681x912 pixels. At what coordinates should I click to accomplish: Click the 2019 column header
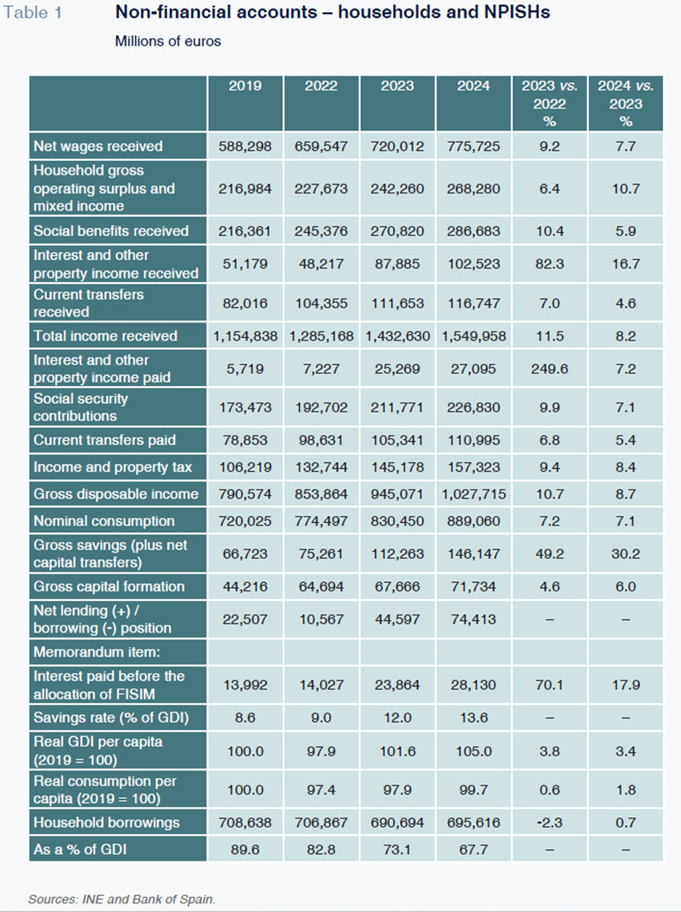[x=245, y=86]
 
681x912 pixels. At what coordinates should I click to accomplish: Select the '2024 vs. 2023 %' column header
[x=625, y=103]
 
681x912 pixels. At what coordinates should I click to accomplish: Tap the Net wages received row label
[x=98, y=146]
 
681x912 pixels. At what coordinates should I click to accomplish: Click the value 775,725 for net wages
[x=473, y=146]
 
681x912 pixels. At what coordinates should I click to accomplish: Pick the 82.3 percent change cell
[x=550, y=264]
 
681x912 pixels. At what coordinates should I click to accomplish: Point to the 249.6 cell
[x=550, y=369]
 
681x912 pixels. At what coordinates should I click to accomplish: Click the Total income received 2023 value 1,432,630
[x=397, y=336]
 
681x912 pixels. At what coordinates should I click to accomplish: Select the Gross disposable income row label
[x=116, y=494]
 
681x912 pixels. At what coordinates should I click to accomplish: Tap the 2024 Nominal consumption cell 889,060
[x=473, y=521]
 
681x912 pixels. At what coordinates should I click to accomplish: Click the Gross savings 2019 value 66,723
[x=245, y=554]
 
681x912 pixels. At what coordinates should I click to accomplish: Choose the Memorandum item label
[x=97, y=652]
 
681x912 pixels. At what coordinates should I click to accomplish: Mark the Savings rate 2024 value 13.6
[x=473, y=717]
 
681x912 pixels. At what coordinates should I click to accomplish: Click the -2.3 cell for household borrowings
[x=550, y=823]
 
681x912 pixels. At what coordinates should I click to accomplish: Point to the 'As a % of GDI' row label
[x=80, y=849]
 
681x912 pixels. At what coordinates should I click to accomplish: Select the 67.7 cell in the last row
[x=473, y=849]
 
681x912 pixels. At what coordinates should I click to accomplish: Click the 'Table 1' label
[x=33, y=13]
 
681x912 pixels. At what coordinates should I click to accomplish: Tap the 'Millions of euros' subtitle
[x=168, y=41]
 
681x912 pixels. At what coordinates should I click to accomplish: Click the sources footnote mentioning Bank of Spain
[x=122, y=899]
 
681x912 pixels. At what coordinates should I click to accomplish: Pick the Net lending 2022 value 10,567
[x=321, y=620]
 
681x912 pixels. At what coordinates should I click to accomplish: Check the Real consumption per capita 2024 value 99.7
[x=473, y=790]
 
